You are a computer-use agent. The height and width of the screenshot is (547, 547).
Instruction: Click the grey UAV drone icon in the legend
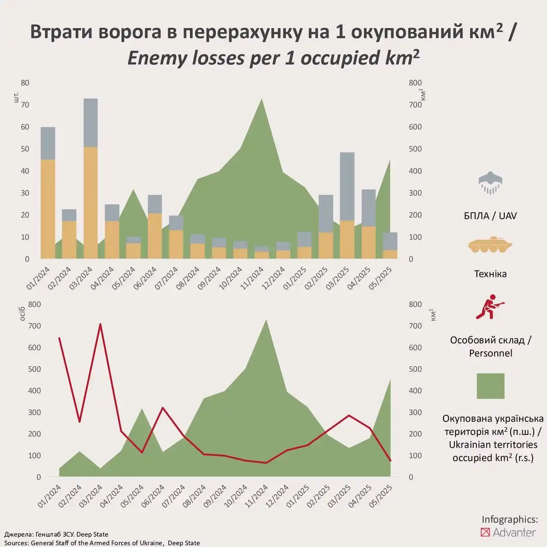click(x=490, y=183)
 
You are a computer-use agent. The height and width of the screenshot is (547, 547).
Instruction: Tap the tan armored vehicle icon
click(x=490, y=245)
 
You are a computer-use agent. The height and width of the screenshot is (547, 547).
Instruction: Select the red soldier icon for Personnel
click(x=490, y=307)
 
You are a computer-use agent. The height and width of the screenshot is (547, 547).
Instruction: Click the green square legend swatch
click(x=490, y=386)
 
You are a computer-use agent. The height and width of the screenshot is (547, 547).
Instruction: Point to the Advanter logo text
click(x=514, y=532)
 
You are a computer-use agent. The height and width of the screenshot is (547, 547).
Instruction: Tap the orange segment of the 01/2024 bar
click(x=48, y=209)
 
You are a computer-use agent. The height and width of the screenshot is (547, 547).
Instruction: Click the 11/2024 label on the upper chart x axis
click(x=252, y=278)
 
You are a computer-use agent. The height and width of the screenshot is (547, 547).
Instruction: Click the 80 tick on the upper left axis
click(x=25, y=83)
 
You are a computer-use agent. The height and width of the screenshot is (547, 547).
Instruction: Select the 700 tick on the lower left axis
click(x=34, y=326)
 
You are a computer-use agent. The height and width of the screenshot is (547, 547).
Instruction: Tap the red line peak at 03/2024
click(x=100, y=324)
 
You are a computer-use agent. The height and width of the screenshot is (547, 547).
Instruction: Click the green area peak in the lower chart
click(x=266, y=321)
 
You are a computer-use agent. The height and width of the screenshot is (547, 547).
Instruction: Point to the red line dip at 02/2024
click(x=79, y=422)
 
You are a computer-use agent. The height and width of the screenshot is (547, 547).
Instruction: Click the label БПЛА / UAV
click(x=490, y=216)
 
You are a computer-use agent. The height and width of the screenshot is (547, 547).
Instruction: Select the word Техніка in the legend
click(x=490, y=274)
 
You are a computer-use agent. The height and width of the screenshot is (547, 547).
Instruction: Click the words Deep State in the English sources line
click(x=184, y=543)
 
